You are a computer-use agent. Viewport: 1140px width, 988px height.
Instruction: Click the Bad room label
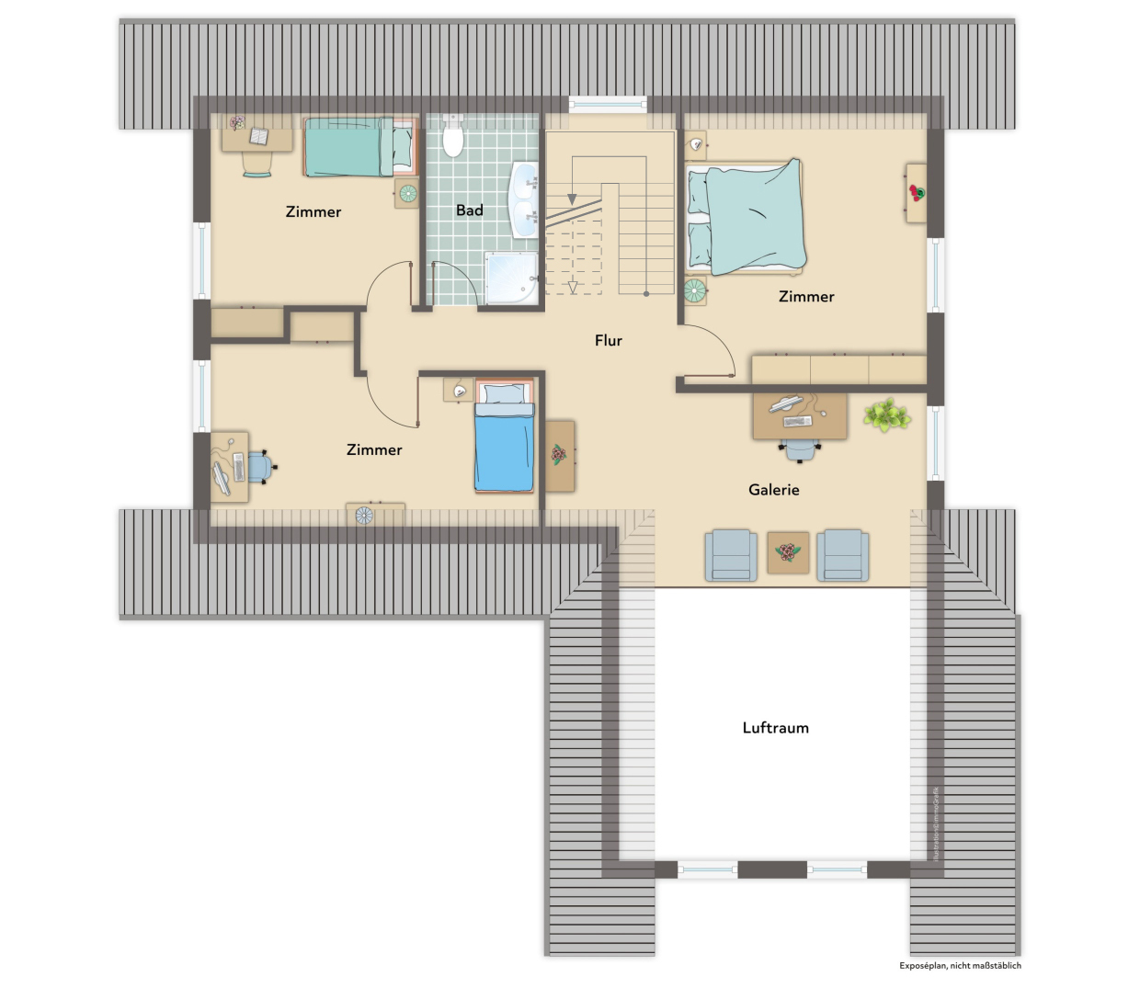tap(469, 210)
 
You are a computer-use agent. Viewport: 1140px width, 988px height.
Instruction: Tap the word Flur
tap(608, 341)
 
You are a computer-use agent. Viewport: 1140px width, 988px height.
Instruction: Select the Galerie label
tap(773, 490)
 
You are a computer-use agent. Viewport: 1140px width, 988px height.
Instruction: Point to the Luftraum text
tap(775, 728)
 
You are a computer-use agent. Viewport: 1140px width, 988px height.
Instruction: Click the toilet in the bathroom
tap(453, 139)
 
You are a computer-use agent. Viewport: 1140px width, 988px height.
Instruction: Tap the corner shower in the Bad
tap(510, 277)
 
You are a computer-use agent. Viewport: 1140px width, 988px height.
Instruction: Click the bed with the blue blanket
tap(504, 446)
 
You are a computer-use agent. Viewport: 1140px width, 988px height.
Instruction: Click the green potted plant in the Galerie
tap(886, 415)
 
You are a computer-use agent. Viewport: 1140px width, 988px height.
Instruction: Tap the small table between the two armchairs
tap(788, 552)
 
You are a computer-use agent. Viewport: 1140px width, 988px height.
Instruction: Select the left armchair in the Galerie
tap(731, 555)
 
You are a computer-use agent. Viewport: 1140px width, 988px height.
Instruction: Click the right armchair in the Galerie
tap(844, 555)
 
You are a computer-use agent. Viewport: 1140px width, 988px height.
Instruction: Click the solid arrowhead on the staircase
tap(571, 199)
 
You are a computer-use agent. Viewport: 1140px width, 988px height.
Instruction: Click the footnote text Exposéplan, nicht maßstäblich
tap(960, 966)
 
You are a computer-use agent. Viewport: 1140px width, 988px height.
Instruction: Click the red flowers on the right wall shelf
tap(916, 193)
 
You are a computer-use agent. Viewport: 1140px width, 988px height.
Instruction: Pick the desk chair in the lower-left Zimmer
tap(259, 467)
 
